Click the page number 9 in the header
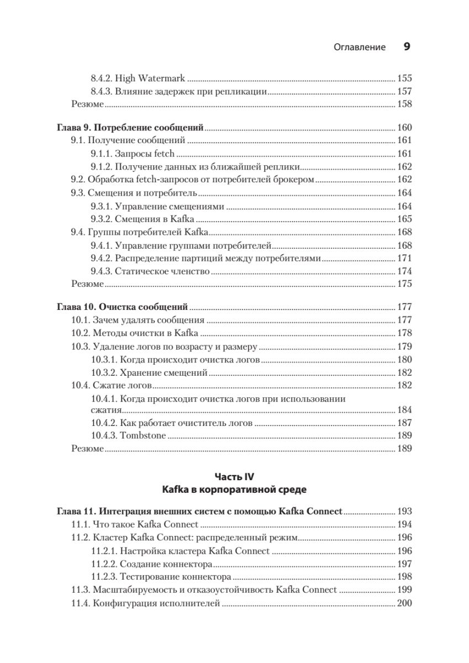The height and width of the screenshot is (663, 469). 407,47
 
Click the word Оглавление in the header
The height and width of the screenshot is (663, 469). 360,48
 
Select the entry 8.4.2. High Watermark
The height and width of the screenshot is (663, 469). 138,78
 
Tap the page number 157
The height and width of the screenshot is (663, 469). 404,91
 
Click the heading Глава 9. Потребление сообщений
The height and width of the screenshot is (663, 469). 130,128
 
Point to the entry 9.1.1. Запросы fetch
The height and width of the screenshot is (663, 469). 133,154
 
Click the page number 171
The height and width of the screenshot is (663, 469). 404,258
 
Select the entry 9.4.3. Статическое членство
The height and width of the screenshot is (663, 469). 150,271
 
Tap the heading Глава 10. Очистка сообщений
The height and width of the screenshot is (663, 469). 123,307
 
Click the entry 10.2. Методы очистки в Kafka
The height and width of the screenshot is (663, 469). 134,333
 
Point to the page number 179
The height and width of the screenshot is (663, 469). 404,346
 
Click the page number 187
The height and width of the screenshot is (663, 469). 404,423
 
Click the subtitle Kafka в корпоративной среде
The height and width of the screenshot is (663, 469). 234,490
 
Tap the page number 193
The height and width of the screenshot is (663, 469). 404,512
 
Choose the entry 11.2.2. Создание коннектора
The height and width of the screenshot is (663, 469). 151,564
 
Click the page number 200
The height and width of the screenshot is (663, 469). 404,603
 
